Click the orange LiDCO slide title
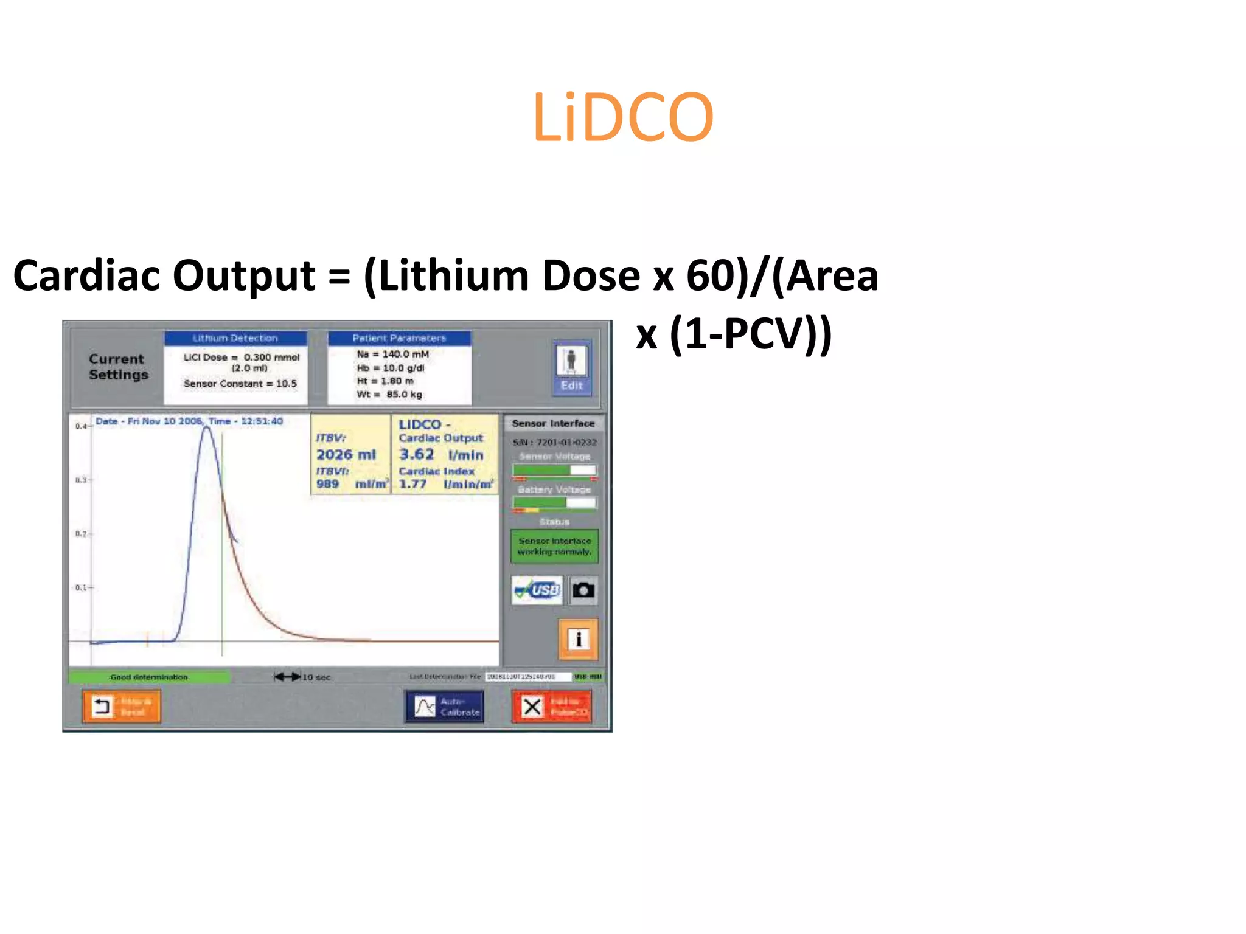click(622, 118)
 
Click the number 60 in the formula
click(709, 276)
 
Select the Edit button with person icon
click(571, 368)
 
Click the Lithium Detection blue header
click(235, 338)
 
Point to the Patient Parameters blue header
click(399, 338)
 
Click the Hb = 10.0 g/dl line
click(391, 368)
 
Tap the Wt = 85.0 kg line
click(389, 395)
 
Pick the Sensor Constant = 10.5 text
click(240, 384)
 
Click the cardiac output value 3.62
click(417, 454)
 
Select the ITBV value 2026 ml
click(346, 455)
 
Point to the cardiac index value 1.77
click(413, 485)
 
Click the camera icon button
click(583, 590)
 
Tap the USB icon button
click(537, 590)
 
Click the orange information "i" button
click(578, 639)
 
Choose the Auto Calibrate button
click(445, 707)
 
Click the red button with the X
click(551, 707)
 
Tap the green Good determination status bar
click(149, 677)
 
